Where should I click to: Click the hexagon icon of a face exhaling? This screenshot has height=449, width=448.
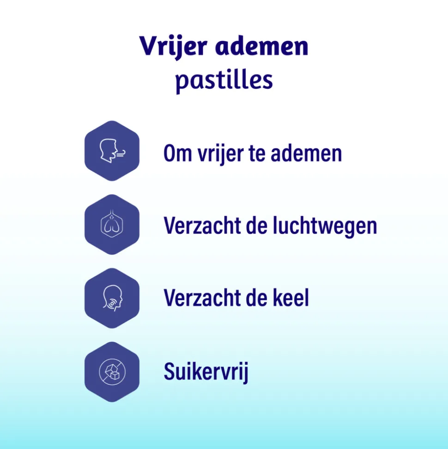pyautogui.click(x=112, y=151)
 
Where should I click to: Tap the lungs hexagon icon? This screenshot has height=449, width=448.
pyautogui.click(x=112, y=225)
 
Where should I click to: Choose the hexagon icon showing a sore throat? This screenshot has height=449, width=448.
pyautogui.click(x=112, y=298)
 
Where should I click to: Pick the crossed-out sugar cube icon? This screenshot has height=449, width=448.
pyautogui.click(x=112, y=372)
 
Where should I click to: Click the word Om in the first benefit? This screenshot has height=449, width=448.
pyautogui.click(x=175, y=153)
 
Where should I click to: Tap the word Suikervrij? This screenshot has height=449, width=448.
pyautogui.click(x=206, y=373)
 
